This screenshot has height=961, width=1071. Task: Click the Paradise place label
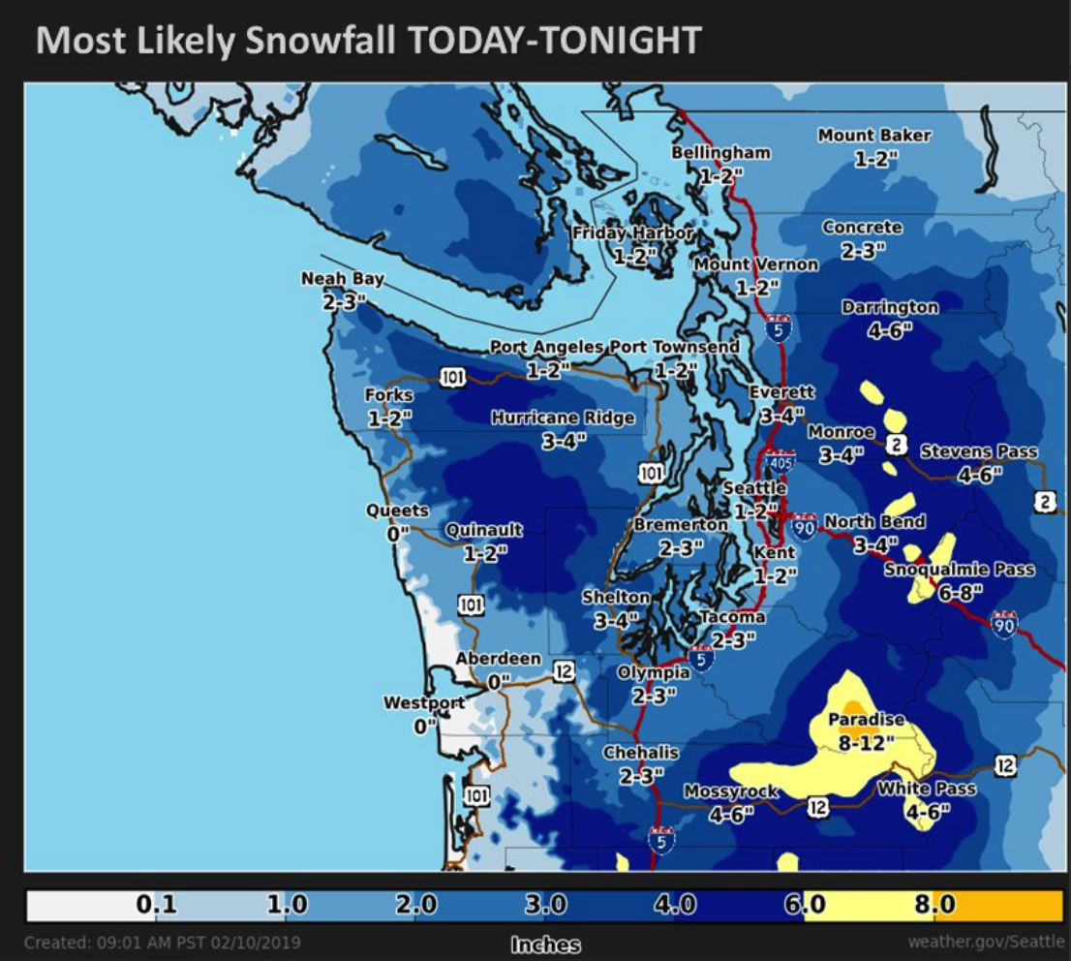click(866, 720)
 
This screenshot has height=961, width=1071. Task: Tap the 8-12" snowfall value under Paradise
click(866, 741)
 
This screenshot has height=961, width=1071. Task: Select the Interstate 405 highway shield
click(780, 461)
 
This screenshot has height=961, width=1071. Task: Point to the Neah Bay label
click(342, 279)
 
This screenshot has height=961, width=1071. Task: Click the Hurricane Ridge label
click(563, 418)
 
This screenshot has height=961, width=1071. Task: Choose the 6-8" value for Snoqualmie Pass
click(960, 590)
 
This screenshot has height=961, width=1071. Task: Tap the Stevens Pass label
click(978, 451)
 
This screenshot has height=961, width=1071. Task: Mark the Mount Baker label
click(873, 136)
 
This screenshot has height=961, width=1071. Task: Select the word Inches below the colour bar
click(545, 945)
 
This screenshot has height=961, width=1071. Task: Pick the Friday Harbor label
click(632, 233)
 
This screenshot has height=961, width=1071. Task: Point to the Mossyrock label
click(731, 791)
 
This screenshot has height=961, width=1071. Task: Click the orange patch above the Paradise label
click(852, 707)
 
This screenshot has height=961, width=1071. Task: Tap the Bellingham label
click(721, 153)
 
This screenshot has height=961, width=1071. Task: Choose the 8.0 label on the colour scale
click(934, 905)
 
